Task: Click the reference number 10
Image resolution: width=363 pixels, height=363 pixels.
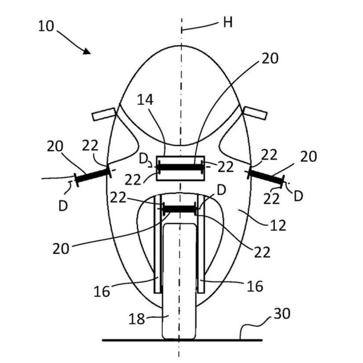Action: (46, 26)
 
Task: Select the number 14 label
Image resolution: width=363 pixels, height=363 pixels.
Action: (145, 100)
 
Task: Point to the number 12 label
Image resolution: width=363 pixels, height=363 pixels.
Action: (278, 226)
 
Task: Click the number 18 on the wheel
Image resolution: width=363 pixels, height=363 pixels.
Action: (137, 319)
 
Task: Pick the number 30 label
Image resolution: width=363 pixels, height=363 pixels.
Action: (282, 314)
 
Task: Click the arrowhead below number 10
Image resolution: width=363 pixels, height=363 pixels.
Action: (87, 51)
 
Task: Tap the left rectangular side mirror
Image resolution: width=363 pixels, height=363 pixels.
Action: (104, 114)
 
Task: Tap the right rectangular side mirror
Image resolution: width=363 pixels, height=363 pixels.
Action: (255, 113)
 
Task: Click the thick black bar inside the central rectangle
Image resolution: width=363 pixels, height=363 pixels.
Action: (180, 167)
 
